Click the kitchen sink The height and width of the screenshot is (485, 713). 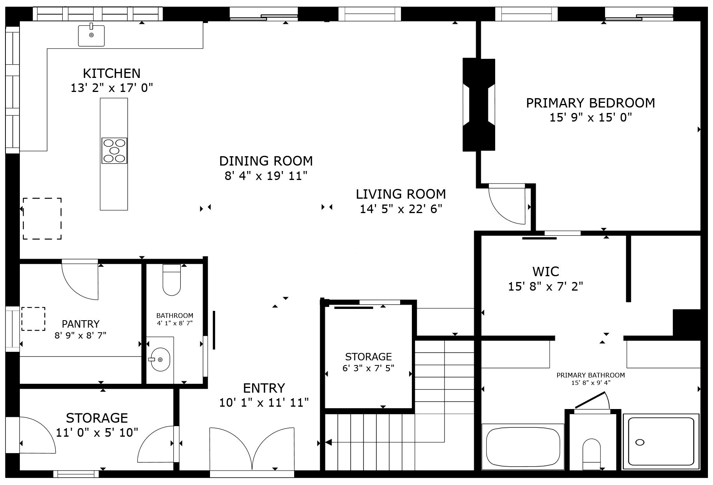(91, 35)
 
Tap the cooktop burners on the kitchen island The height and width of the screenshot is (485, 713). (114, 150)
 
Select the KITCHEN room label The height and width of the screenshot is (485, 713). (111, 73)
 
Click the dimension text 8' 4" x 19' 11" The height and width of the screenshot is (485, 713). (266, 176)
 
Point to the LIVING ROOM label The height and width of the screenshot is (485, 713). (401, 194)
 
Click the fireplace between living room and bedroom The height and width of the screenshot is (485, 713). (478, 104)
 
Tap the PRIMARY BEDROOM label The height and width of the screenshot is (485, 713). (590, 103)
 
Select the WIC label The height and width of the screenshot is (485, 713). (545, 271)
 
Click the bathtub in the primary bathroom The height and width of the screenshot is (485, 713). (523, 447)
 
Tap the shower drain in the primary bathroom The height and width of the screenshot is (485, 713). (639, 442)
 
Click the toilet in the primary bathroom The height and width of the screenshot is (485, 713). (591, 454)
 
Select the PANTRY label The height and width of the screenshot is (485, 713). (81, 324)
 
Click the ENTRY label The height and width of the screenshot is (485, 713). (264, 388)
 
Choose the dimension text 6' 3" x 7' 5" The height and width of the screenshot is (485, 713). (368, 368)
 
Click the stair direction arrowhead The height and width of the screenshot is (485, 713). (328, 442)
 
